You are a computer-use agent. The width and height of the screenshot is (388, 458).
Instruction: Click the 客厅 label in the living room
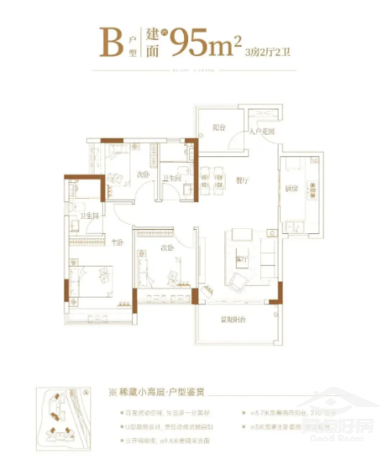(x=245, y=260)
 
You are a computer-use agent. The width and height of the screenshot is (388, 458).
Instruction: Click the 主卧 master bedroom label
(x=117, y=243)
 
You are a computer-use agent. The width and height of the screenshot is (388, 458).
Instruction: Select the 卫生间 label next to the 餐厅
(x=171, y=177)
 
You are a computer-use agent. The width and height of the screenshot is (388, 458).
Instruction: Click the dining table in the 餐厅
(x=212, y=177)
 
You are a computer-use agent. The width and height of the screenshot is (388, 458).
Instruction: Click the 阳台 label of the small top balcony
(x=219, y=128)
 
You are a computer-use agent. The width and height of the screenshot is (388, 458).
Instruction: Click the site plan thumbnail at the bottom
(x=64, y=421)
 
